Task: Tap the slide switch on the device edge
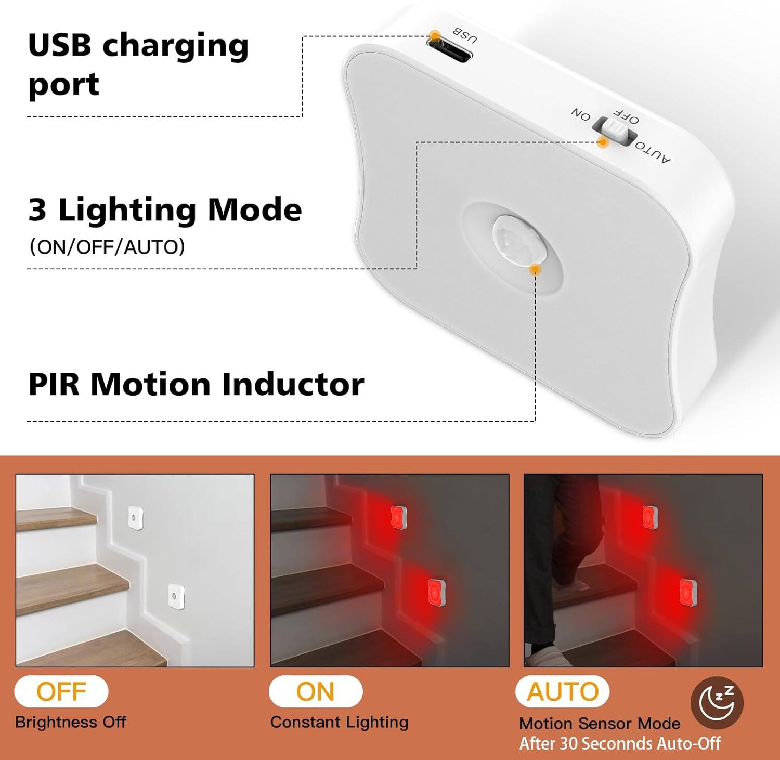pos(615,129)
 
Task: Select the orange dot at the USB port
pos(435,36)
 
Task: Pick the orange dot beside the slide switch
pos(603,142)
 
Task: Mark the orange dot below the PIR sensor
pos(535,269)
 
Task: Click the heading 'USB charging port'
pos(138,64)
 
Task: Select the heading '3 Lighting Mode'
pos(165,209)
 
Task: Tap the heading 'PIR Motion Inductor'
pos(196,384)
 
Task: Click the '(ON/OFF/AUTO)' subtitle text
pos(107,247)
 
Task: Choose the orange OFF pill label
pos(61,691)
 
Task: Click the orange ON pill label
pos(315,691)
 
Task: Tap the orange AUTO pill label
pos(563,691)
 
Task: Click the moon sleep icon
pos(717,702)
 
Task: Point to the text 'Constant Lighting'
pos(339,722)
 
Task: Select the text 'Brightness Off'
pos(71,722)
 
